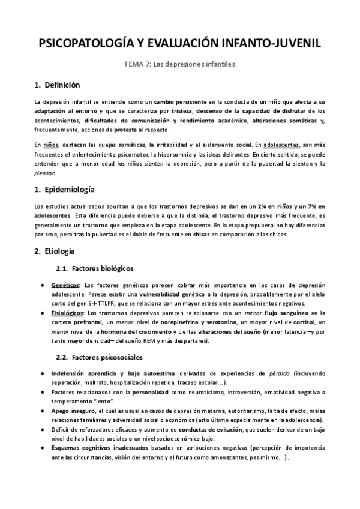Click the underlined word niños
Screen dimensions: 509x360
click(51, 145)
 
